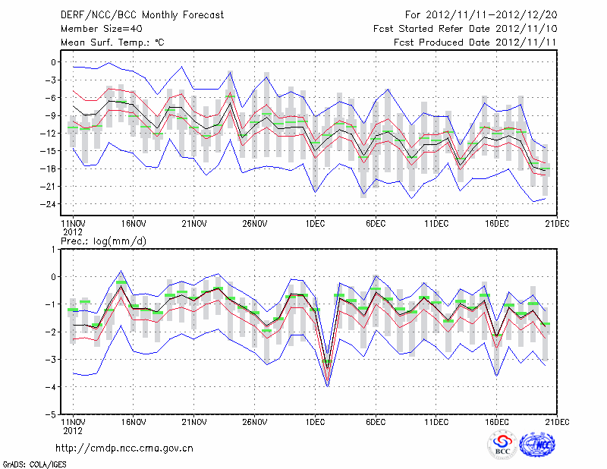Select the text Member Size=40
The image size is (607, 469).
(x=96, y=29)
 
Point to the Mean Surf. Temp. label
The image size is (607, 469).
(x=112, y=43)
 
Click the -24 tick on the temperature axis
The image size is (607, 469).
(x=51, y=204)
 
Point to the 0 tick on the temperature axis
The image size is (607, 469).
(x=55, y=62)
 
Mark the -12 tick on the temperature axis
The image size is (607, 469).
(x=51, y=134)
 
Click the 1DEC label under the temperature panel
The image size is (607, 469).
(x=316, y=223)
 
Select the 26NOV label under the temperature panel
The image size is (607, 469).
(x=255, y=223)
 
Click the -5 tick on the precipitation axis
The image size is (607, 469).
(x=52, y=415)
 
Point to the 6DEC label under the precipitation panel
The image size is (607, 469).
(x=376, y=421)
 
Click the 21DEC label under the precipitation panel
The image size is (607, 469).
(x=558, y=421)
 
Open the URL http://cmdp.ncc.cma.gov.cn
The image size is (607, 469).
(x=124, y=449)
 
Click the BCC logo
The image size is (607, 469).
(x=502, y=446)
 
